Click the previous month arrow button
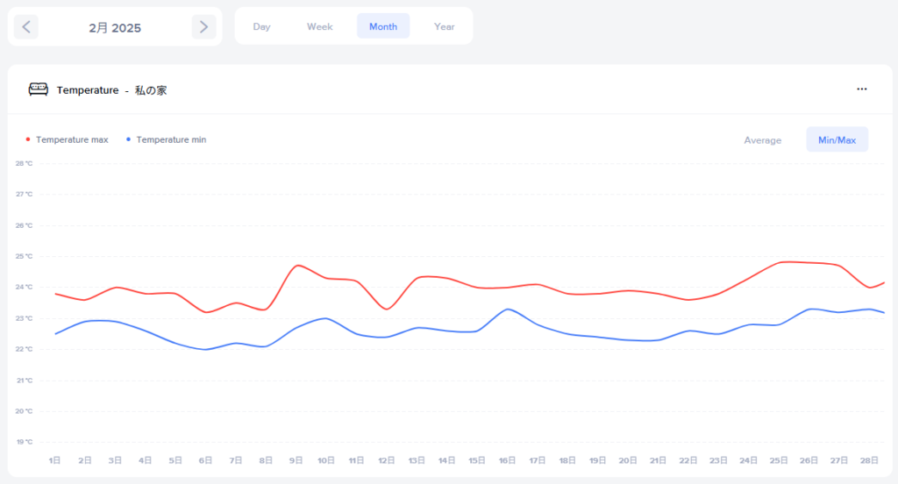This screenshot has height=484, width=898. tap(26, 27)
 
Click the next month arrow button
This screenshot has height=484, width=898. tap(203, 27)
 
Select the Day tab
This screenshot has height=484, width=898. tap(261, 26)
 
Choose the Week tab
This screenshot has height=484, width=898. tap(319, 26)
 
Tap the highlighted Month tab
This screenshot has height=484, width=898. tap(383, 26)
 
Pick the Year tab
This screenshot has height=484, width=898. tap(445, 26)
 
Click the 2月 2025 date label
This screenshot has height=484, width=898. tap(115, 27)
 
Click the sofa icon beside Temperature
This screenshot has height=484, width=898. tap(39, 89)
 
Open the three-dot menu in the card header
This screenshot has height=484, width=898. tap(862, 89)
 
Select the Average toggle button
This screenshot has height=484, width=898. tap(762, 140)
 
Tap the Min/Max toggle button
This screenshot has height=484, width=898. tap(837, 140)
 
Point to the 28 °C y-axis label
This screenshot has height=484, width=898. tap(24, 163)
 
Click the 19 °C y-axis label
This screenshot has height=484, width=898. tap(24, 442)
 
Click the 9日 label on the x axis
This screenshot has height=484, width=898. tap(296, 460)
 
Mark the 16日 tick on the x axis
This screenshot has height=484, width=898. tap(507, 460)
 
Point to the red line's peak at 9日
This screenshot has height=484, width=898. tap(298, 265)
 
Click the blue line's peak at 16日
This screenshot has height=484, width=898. tap(508, 309)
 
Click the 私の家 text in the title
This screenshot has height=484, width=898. tap(151, 89)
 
